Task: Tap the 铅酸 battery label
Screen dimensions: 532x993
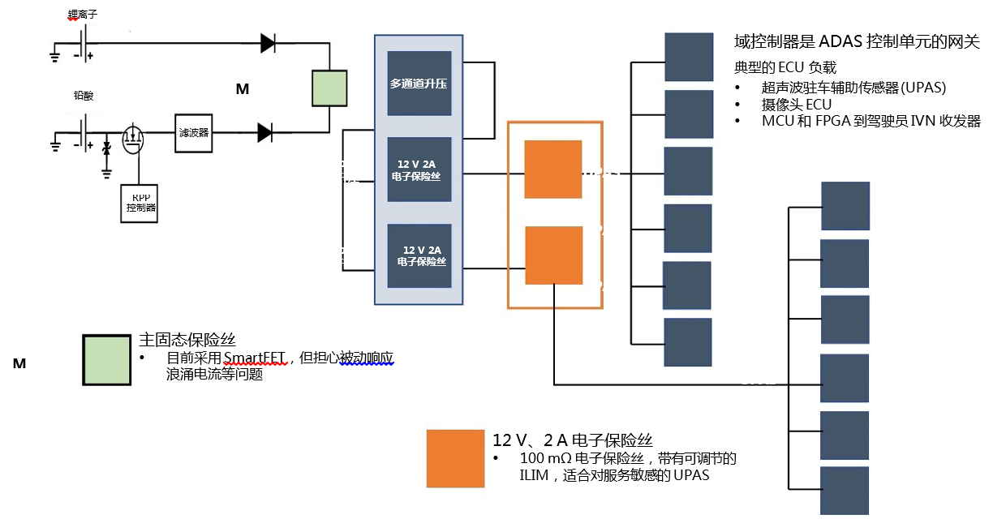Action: coord(83,96)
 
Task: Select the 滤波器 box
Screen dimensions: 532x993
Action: coord(194,132)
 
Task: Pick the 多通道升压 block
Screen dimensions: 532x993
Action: coord(419,84)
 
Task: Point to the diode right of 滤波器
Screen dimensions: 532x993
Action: coord(264,132)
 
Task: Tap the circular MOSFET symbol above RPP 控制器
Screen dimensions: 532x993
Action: coord(133,139)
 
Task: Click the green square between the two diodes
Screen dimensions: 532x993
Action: coord(330,88)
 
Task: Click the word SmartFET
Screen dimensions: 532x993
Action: coord(256,358)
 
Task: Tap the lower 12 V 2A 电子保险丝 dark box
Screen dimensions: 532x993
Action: coord(419,255)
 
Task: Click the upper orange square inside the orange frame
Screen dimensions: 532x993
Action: coord(552,169)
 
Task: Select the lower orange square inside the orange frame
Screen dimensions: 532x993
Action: coord(553,255)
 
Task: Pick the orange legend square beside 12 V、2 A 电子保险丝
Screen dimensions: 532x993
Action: coord(456,458)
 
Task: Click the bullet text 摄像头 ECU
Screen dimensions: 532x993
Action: coord(797,105)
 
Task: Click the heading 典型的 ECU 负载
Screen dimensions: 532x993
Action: coord(785,67)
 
